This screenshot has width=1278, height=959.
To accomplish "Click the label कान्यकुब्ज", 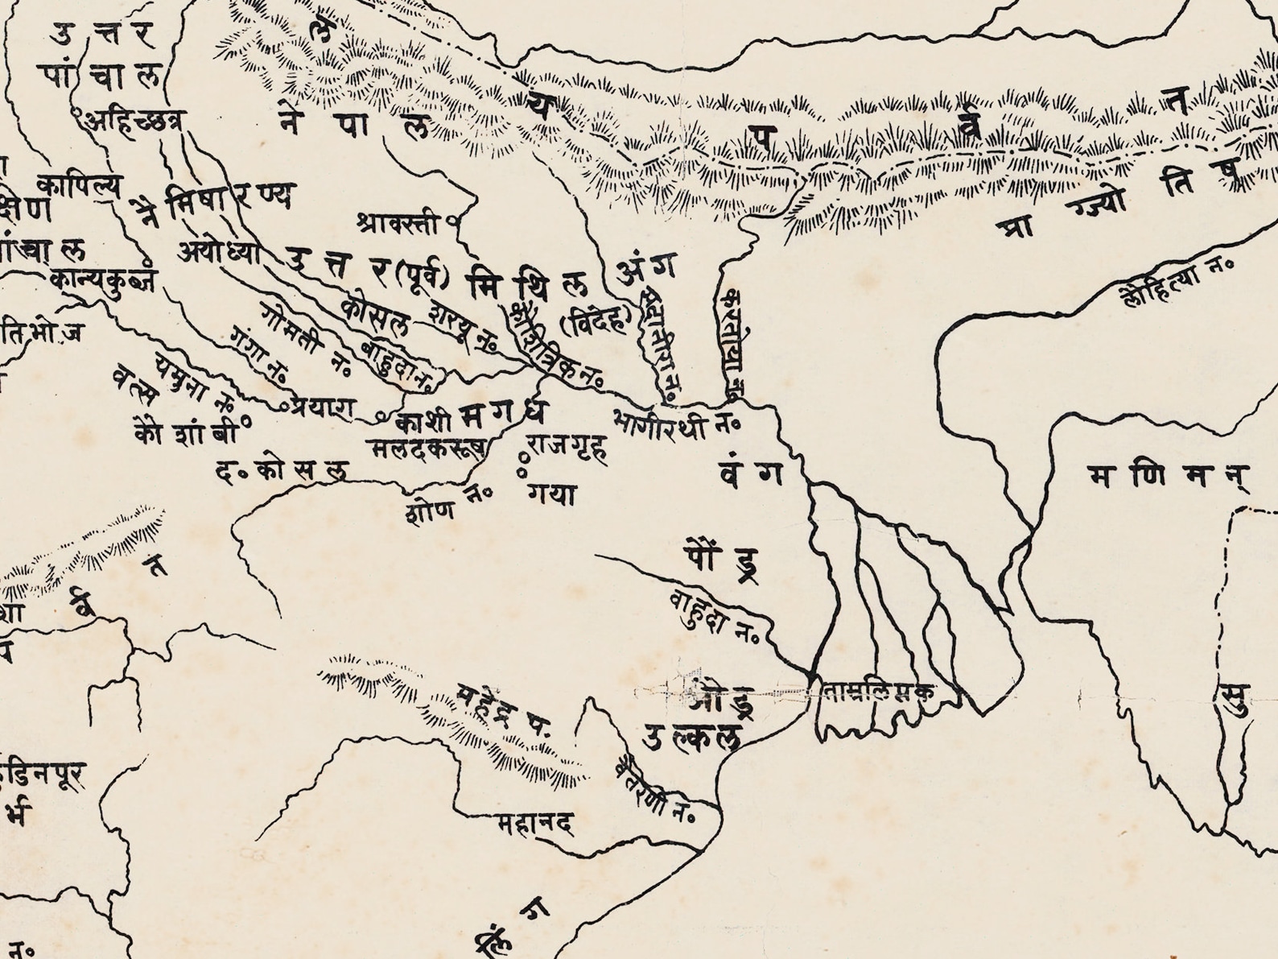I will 103,279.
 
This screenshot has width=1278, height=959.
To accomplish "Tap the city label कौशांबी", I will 186,433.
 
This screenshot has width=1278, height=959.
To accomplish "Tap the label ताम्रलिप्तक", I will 879,692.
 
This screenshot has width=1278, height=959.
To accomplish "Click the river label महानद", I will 534,825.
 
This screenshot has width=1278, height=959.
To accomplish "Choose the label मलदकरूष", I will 427,448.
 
